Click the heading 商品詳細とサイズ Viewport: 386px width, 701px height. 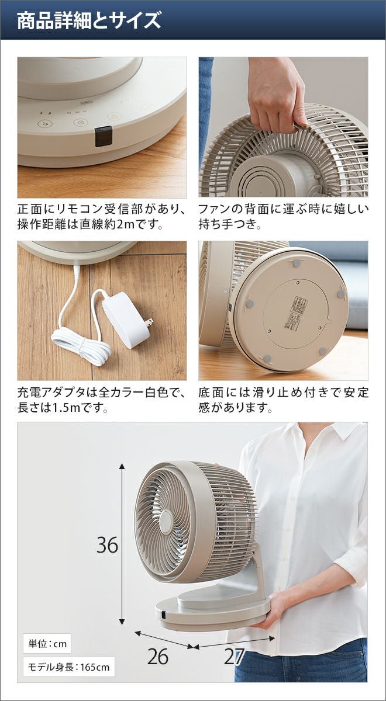tap(89, 20)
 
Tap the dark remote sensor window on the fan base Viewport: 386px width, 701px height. tap(103, 136)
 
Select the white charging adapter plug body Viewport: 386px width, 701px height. tap(126, 320)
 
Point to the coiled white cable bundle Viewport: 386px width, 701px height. tap(81, 345)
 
